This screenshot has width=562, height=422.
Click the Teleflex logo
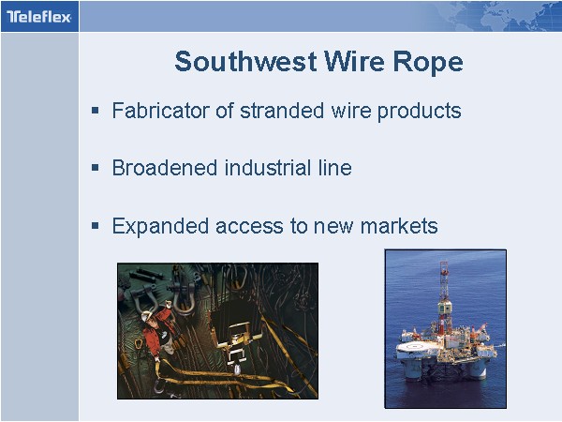click(39, 17)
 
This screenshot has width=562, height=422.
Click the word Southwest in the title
click(245, 61)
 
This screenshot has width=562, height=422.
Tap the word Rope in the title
click(428, 63)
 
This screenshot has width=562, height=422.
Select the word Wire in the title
click(355, 61)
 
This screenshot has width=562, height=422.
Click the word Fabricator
click(161, 110)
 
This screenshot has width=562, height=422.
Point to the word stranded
click(282, 110)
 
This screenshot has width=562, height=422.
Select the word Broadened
click(165, 168)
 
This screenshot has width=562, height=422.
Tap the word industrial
click(268, 168)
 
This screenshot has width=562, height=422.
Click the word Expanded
click(160, 227)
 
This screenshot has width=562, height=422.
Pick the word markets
click(399, 226)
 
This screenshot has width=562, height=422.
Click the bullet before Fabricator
click(95, 110)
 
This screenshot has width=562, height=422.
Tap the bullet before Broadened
click(95, 167)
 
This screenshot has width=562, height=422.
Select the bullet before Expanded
click(95, 226)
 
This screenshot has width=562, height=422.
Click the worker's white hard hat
click(146, 316)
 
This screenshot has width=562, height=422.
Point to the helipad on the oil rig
click(417, 347)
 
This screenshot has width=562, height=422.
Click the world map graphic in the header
click(502, 17)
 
